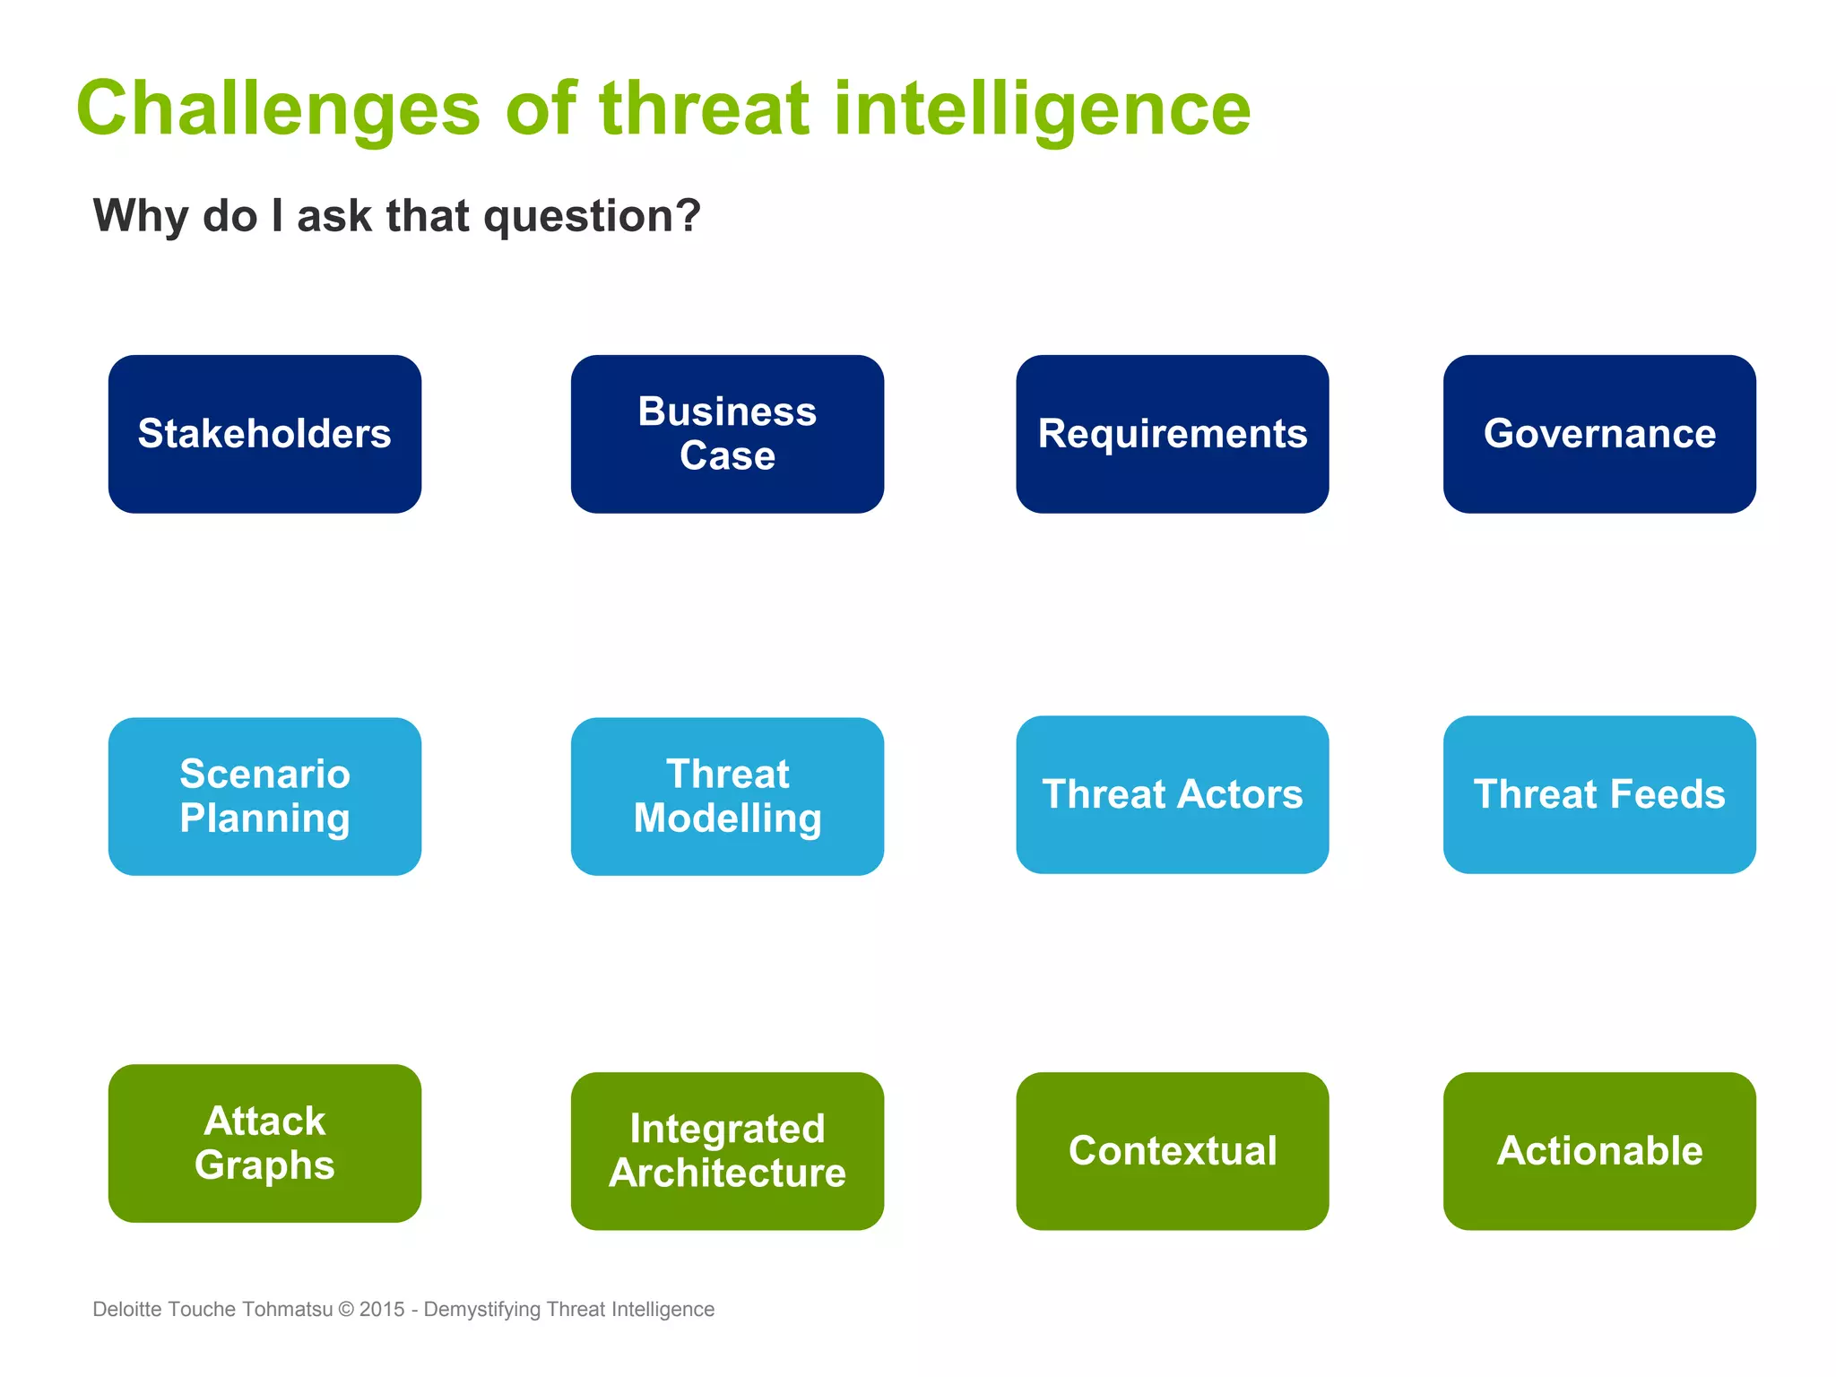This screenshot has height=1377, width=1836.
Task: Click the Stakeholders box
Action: click(264, 434)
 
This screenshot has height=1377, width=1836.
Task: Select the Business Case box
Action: click(727, 434)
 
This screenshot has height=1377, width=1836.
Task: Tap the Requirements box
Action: click(1172, 434)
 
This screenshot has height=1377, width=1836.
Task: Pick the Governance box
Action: click(1599, 434)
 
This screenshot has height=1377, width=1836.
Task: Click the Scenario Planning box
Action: click(264, 796)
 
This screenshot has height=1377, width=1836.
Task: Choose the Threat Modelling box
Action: click(727, 796)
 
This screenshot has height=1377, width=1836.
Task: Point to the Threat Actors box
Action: click(1172, 794)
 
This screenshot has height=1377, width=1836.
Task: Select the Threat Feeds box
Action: click(1599, 794)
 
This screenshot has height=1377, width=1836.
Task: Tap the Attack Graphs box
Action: click(264, 1143)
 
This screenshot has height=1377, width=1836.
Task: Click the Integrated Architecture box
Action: click(727, 1151)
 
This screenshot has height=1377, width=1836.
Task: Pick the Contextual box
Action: click(1172, 1151)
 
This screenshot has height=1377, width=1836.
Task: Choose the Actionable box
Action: click(1599, 1151)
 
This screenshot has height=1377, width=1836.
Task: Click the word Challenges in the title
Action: click(279, 109)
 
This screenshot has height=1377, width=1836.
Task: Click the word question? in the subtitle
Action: click(592, 217)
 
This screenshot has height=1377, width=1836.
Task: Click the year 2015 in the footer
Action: click(382, 1309)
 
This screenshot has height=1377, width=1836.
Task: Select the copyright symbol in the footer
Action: click(346, 1309)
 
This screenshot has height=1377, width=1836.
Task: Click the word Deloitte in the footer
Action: click(127, 1309)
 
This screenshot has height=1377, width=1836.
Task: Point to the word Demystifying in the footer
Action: click(481, 1309)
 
